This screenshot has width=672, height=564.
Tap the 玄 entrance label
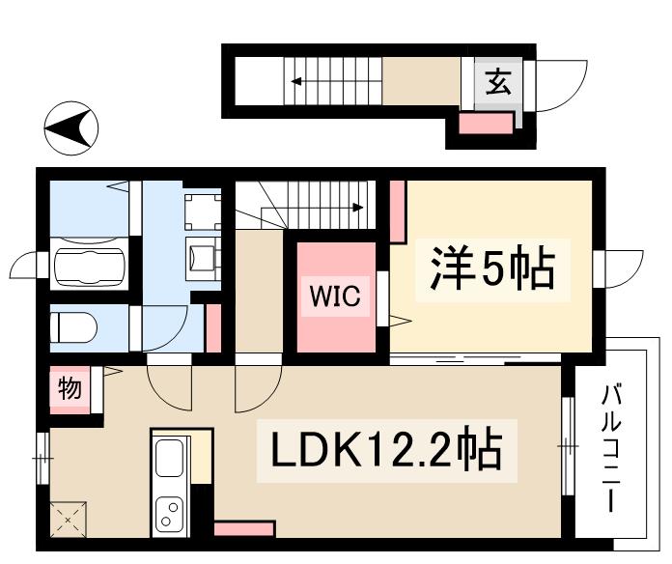[497, 83]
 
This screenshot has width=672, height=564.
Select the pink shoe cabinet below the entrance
[484, 124]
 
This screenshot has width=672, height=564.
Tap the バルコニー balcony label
[610, 448]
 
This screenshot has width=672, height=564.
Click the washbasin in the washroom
[205, 258]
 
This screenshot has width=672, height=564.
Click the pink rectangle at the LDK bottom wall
[243, 528]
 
